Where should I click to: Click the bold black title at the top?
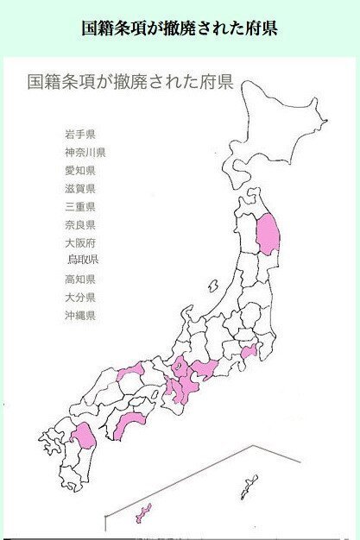[x=180, y=28]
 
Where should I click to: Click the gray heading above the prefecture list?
[x=130, y=83]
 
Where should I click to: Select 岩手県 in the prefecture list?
[x=79, y=135]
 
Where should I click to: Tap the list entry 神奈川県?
[x=85, y=153]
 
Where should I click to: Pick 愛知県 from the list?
[x=79, y=171]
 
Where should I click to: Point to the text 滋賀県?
[x=79, y=188]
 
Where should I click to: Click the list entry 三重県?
[x=79, y=206]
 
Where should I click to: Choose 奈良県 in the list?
[x=79, y=224]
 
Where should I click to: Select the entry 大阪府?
[x=79, y=243]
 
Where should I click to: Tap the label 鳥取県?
[x=83, y=260]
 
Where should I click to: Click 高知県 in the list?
[x=79, y=279]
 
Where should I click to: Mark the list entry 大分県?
[x=79, y=297]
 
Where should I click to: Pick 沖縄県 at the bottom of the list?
[x=79, y=315]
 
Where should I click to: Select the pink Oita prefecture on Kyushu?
[x=84, y=435]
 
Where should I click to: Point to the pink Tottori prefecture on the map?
[x=130, y=373]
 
